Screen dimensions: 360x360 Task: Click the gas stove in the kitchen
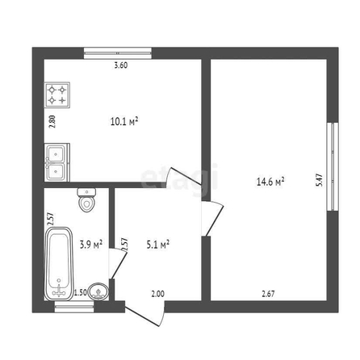57,95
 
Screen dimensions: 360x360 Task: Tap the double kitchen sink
57,162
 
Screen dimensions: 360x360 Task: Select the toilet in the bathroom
86,200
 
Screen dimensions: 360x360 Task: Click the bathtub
59,264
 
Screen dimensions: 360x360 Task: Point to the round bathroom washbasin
98,291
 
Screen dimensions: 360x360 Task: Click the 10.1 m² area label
124,121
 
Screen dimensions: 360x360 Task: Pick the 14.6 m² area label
270,182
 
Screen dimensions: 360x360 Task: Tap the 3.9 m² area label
91,245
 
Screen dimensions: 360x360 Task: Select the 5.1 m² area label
157,245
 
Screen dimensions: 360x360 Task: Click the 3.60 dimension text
121,65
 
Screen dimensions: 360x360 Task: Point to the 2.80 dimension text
52,121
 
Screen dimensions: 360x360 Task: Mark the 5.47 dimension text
320,180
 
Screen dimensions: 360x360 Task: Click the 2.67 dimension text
268,294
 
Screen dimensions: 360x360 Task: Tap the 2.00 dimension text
157,294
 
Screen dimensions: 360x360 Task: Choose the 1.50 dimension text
81,292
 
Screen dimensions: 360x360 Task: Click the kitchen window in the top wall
118,53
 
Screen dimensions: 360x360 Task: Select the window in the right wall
333,166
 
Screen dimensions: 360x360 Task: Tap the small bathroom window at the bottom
74,307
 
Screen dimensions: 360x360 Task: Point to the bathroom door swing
118,264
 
